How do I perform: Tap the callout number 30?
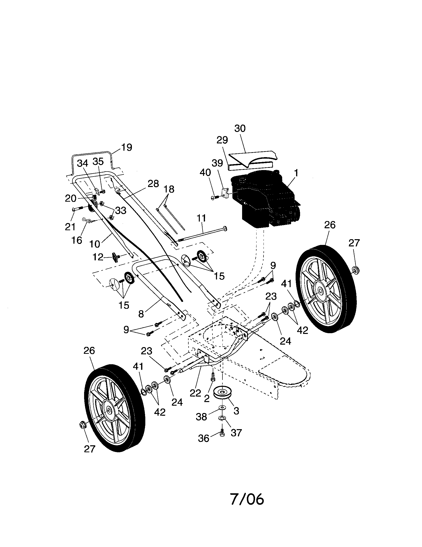pos(240,129)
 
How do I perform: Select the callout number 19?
pos(127,147)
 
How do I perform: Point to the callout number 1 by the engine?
pos(296,173)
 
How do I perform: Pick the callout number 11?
pos(201,218)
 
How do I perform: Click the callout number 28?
pos(153,184)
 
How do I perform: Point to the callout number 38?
pos(201,417)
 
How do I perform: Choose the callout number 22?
pos(195,393)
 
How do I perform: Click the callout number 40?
pos(205,173)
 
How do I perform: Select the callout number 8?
pos(141,314)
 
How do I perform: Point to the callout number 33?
pos(120,210)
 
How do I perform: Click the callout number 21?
pos(70,227)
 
